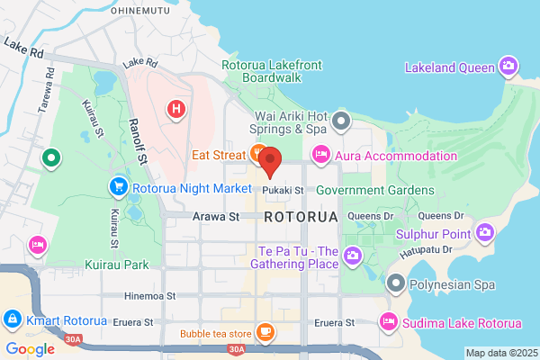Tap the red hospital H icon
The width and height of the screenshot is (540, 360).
click(x=176, y=110)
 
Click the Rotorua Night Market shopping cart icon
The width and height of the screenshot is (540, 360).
click(x=118, y=188)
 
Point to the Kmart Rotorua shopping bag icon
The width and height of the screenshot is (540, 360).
click(x=13, y=319)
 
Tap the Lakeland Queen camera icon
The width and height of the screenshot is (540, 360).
click(x=508, y=66)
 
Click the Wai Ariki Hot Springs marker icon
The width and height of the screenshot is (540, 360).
click(x=340, y=120)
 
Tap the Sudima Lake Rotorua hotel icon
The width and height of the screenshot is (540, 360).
click(x=389, y=321)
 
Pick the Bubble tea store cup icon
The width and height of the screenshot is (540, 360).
click(x=265, y=332)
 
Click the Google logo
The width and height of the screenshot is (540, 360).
click(x=31, y=349)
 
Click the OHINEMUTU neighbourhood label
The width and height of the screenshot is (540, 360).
click(x=141, y=10)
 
